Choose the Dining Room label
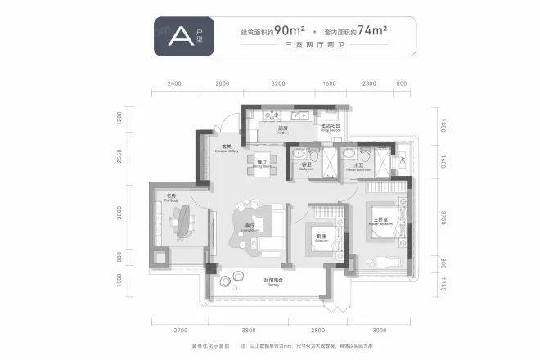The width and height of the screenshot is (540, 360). pyautogui.click(x=262, y=163)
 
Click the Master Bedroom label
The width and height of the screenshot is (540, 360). pyautogui.click(x=380, y=221)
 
